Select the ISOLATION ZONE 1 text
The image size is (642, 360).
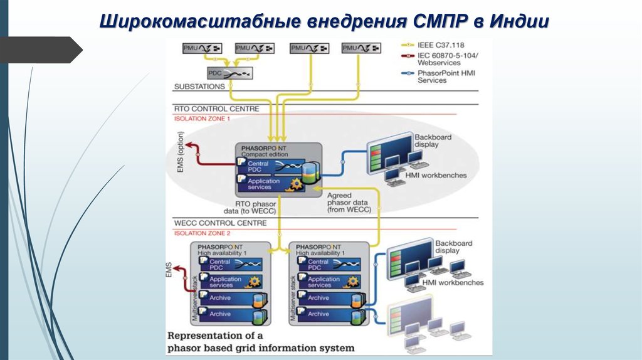click(x=202, y=118)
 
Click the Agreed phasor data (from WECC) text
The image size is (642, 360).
click(x=349, y=203)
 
